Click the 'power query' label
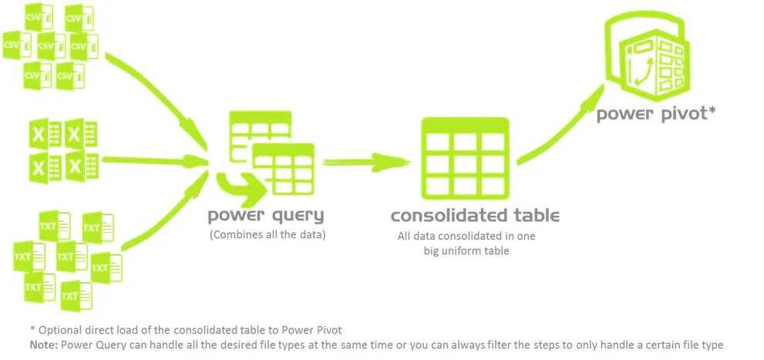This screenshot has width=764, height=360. click(x=266, y=215)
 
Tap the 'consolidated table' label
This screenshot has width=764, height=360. click(x=475, y=215)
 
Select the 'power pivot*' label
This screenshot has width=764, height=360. click(x=657, y=114)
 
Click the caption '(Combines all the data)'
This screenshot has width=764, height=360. click(x=268, y=234)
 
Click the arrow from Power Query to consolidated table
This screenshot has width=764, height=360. click(x=362, y=162)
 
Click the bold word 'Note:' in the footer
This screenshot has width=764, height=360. click(x=43, y=345)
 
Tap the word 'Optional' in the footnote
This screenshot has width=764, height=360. click(x=58, y=329)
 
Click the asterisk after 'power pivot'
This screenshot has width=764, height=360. click(x=712, y=111)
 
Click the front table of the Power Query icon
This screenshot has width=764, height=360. click(x=283, y=168)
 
